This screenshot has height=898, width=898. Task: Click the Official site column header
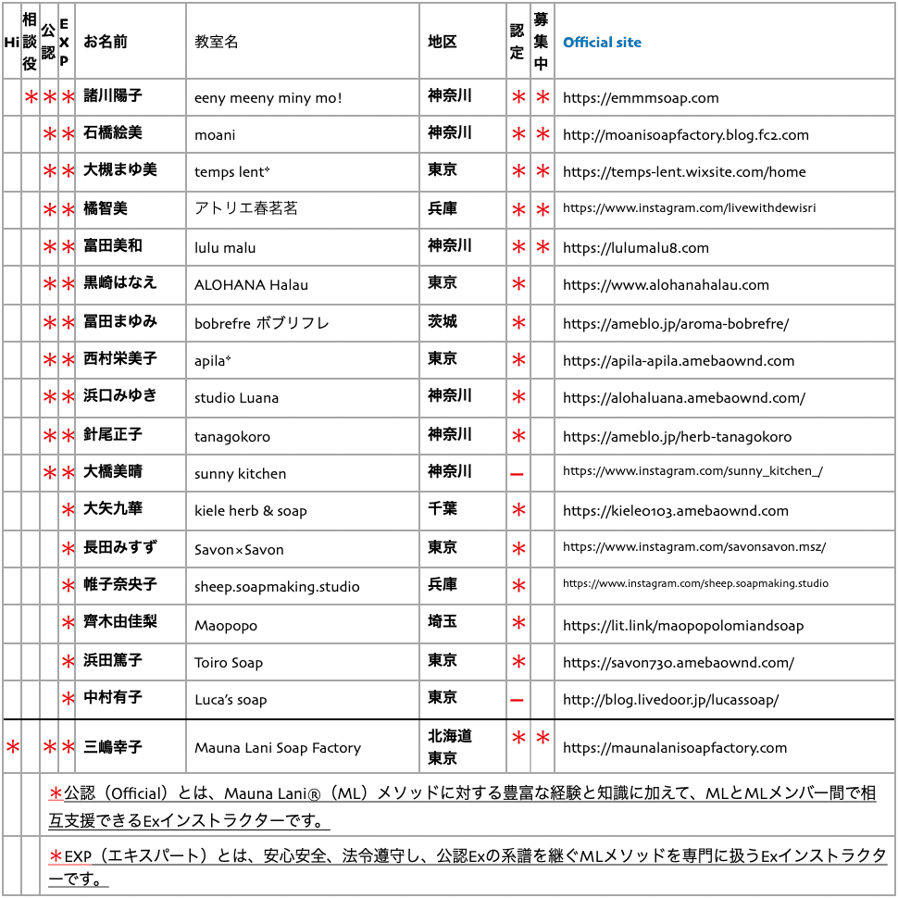tap(602, 43)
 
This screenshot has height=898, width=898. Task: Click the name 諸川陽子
tap(113, 95)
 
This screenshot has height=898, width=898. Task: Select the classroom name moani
tap(215, 135)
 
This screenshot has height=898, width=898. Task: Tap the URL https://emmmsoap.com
tap(641, 97)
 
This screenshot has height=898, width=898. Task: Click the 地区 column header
tap(443, 42)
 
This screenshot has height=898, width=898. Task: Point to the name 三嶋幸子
tap(113, 746)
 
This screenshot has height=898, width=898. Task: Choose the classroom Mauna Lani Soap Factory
tap(278, 748)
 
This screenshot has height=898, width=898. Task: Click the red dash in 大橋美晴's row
tap(518, 474)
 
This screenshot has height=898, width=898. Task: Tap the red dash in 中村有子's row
tap(518, 700)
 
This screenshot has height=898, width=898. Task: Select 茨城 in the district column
tap(443, 321)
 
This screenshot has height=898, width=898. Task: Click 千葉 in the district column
tap(443, 508)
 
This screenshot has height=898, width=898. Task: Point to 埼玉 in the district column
tap(443, 621)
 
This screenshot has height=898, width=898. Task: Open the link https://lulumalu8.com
tap(635, 247)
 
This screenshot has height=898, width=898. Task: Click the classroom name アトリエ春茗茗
tap(246, 209)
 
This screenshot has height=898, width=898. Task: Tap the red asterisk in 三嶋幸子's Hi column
tap(12, 746)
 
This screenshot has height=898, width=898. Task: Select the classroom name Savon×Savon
tap(239, 549)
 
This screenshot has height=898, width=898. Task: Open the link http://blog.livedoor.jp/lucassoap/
tap(670, 700)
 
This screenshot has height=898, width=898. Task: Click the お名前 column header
tap(106, 42)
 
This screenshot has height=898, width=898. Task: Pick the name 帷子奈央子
tap(120, 584)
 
